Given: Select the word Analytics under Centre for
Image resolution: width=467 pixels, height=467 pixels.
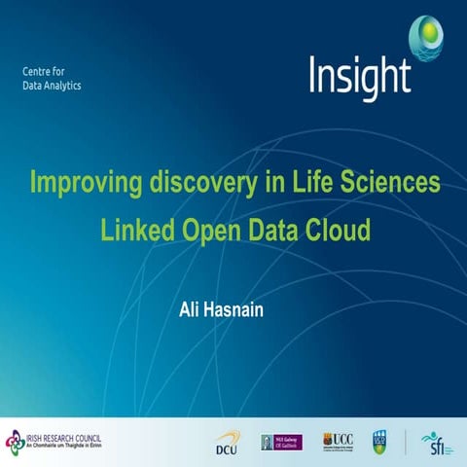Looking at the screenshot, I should pos(61,86).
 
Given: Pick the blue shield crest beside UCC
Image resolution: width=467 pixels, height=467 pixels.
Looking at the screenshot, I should pos(380,442).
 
